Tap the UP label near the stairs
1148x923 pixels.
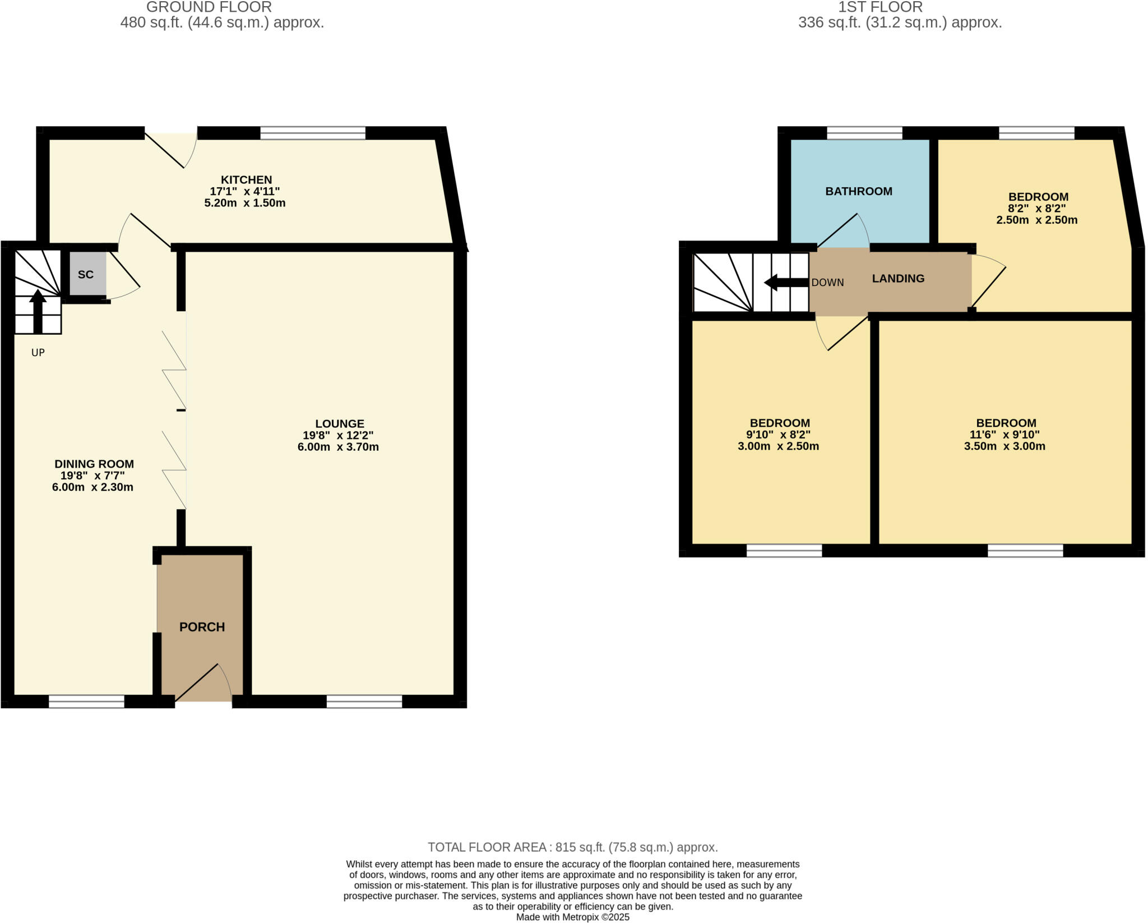click(x=38, y=353)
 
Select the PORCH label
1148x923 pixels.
click(x=202, y=627)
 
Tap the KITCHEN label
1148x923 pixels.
click(x=246, y=180)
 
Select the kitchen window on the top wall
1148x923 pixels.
click(x=312, y=133)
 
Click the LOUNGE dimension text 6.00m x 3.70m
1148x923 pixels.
click(x=338, y=447)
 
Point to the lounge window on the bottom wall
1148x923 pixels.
click(x=364, y=701)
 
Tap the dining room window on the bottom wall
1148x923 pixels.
click(x=86, y=701)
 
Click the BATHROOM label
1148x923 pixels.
click(x=858, y=191)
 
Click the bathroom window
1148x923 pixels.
click(x=864, y=133)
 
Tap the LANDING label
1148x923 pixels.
click(x=898, y=278)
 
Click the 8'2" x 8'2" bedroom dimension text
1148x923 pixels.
click(x=1037, y=208)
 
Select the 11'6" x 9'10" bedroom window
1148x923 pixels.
click(x=1025, y=550)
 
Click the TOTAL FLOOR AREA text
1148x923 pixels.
click(x=572, y=847)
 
